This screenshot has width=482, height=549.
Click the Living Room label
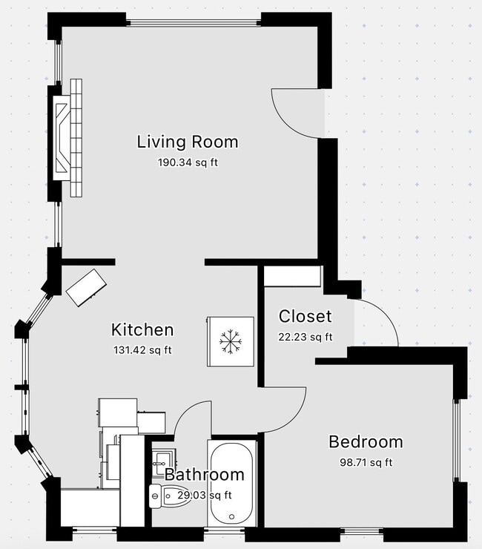pos(187,142)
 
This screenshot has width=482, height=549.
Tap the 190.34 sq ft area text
pos(187,162)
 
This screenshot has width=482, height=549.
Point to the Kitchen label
pos(142,330)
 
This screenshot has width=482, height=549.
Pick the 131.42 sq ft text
pos(142,349)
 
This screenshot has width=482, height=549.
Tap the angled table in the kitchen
pos(87,286)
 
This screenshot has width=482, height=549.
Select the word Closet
pos(305,317)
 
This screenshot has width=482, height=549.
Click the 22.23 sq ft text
pos(305,337)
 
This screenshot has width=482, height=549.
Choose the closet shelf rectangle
pos(292,276)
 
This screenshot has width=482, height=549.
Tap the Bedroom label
pos(366,442)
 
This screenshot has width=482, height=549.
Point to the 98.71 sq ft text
pos(366,462)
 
